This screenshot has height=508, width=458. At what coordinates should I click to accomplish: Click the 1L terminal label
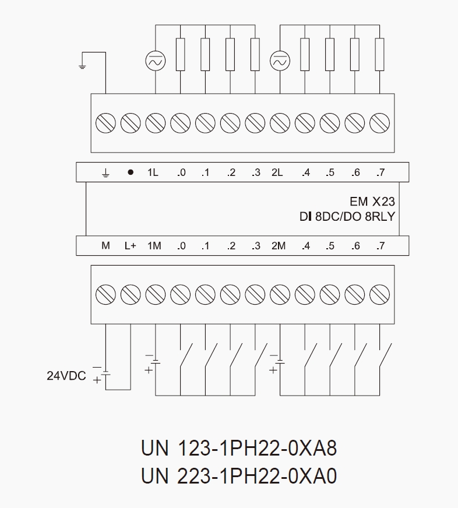tap(153, 172)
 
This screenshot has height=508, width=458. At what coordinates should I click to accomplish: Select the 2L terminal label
tap(277, 172)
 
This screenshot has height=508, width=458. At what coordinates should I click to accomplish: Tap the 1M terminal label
tap(154, 246)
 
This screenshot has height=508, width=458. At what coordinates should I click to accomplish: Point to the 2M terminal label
tap(279, 246)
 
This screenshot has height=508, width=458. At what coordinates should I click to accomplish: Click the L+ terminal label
tap(130, 246)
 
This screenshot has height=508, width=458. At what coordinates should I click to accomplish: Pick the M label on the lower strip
tap(105, 246)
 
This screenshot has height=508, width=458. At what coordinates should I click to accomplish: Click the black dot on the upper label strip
tap(131, 172)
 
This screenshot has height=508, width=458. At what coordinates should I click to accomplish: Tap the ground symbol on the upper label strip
tap(105, 173)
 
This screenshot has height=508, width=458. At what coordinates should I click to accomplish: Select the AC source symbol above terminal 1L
tap(156, 60)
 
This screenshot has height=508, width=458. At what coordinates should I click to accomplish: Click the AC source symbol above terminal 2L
tap(280, 60)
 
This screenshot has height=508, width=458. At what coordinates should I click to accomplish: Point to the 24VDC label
tap(66, 376)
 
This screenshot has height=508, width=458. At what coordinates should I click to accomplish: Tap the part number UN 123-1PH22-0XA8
tap(239, 449)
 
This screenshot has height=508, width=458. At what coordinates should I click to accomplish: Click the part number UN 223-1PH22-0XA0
tap(239, 477)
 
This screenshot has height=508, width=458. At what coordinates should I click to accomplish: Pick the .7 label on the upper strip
tap(381, 172)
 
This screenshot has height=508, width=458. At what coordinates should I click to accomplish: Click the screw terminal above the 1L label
tap(156, 123)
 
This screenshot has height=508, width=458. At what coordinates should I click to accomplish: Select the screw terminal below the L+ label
tap(131, 294)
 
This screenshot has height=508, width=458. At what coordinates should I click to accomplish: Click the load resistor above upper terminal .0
tap(181, 55)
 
